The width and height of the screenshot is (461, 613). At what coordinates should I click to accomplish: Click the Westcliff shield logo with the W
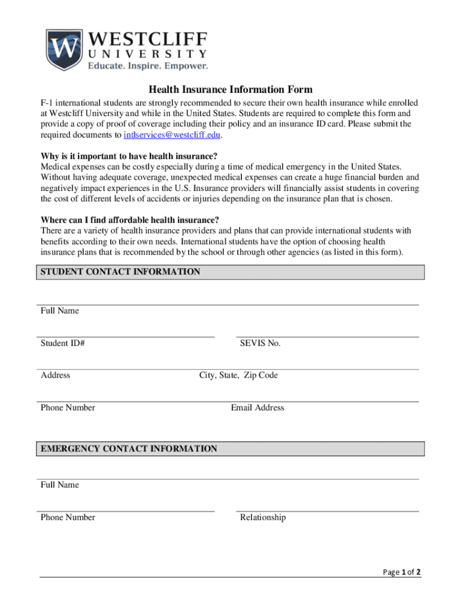[x=64, y=49]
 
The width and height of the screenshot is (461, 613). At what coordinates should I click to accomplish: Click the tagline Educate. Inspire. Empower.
[x=148, y=66]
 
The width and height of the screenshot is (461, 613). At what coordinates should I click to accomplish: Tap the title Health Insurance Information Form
[x=230, y=90]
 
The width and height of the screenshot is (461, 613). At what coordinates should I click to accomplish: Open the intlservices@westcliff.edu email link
[x=172, y=135]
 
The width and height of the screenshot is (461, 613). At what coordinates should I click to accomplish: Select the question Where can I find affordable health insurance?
[x=130, y=220]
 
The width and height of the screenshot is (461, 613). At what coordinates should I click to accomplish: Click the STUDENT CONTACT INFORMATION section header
[x=120, y=272]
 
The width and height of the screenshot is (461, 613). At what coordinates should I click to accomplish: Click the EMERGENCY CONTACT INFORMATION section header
[x=129, y=449]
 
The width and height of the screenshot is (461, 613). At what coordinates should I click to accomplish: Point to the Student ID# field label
[x=62, y=344]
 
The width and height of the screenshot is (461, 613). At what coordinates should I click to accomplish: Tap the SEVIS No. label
[x=260, y=344]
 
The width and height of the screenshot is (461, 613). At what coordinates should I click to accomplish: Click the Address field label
[x=55, y=375]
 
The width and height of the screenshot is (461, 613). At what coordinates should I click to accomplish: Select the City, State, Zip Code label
[x=238, y=375]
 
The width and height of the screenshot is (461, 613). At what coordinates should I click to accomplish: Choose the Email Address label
[x=257, y=408]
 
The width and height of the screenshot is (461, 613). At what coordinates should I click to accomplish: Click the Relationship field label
[x=263, y=517]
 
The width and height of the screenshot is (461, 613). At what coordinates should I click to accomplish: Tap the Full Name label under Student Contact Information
[x=60, y=311]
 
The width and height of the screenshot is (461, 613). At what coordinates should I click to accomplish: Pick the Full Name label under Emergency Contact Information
[x=60, y=485]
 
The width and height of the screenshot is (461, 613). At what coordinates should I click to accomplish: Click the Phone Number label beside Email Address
[x=68, y=408]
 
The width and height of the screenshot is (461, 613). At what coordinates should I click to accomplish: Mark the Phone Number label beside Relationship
[x=68, y=517]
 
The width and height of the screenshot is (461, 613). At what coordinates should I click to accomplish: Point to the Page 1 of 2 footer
[x=402, y=572]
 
